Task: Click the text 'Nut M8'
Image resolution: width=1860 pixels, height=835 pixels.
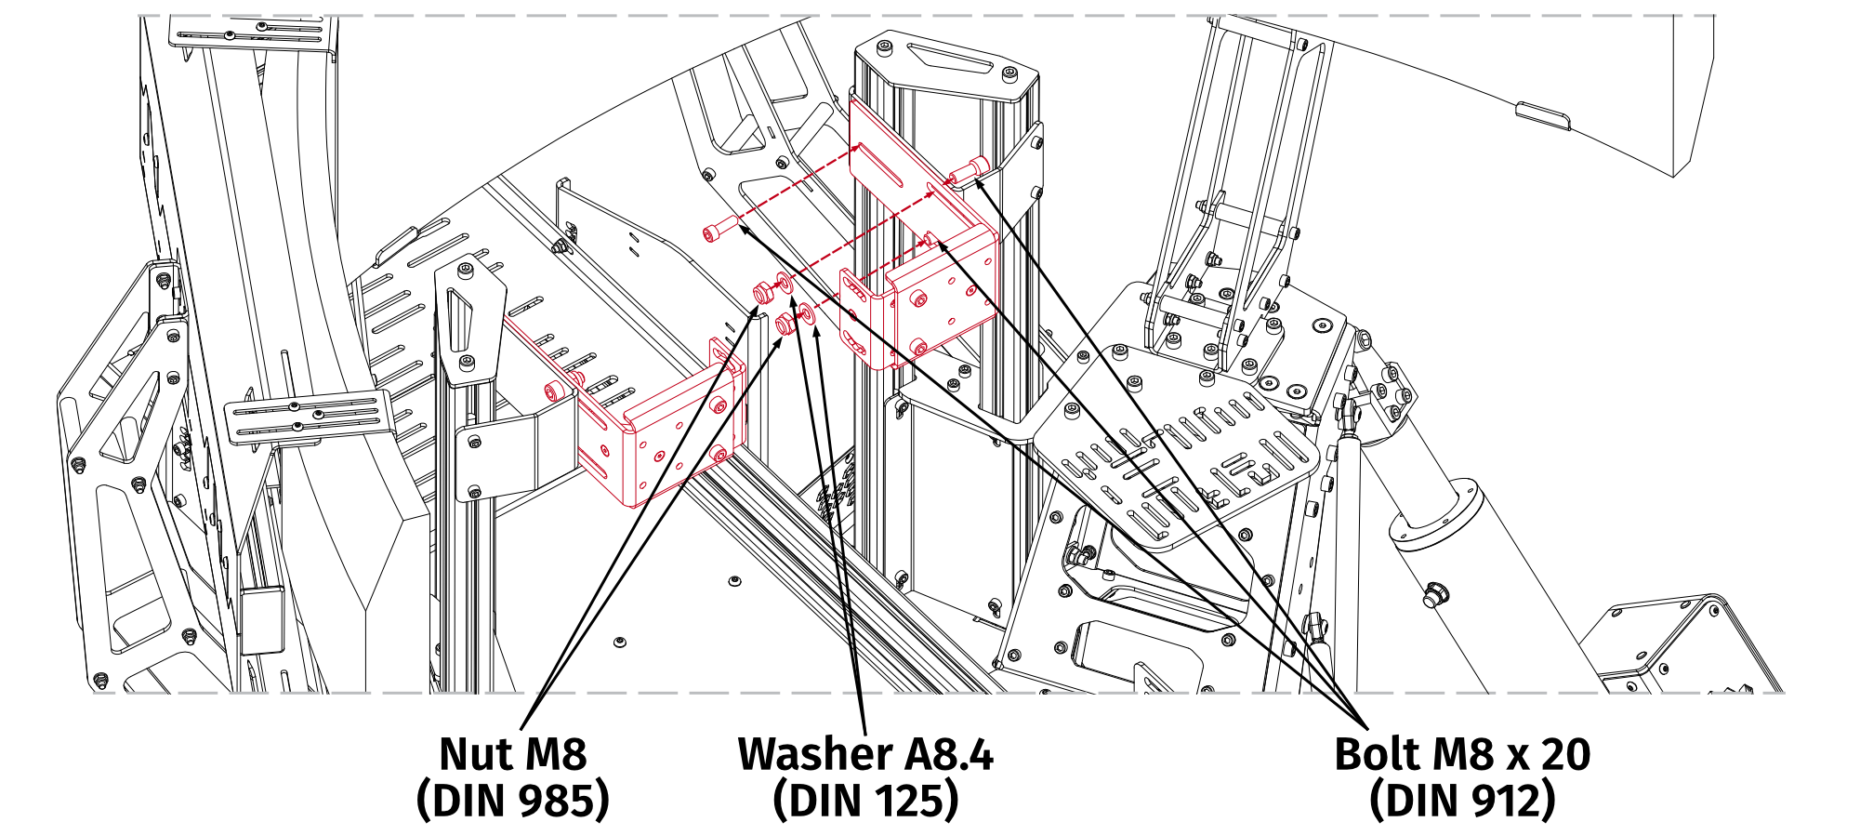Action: [512, 754]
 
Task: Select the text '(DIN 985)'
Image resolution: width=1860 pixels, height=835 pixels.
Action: [512, 800]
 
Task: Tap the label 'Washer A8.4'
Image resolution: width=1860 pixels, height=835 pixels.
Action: [864, 754]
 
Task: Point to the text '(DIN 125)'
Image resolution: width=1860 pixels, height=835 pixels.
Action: [864, 800]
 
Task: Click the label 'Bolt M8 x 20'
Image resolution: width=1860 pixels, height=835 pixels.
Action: [1461, 754]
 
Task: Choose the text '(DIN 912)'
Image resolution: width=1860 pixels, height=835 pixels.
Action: [1461, 800]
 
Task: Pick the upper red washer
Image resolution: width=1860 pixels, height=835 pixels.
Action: [785, 282]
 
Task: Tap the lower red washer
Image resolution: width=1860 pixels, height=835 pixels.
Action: [807, 314]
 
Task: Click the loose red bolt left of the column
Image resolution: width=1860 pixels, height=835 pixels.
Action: [720, 229]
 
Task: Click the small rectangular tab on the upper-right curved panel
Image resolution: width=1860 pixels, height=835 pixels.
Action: [1543, 117]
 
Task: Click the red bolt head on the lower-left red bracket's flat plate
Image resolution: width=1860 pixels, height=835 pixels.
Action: [558, 391]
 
